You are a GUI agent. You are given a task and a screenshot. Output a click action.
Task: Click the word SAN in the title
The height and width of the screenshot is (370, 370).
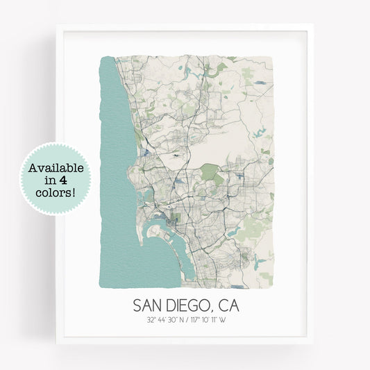click(148, 305)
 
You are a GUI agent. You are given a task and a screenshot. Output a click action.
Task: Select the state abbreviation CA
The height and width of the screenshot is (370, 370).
click(231, 305)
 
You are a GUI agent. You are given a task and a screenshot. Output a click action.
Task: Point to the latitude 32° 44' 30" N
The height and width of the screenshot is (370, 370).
click(167, 320)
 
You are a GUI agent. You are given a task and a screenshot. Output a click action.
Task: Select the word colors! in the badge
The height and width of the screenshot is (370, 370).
click(55, 191)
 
